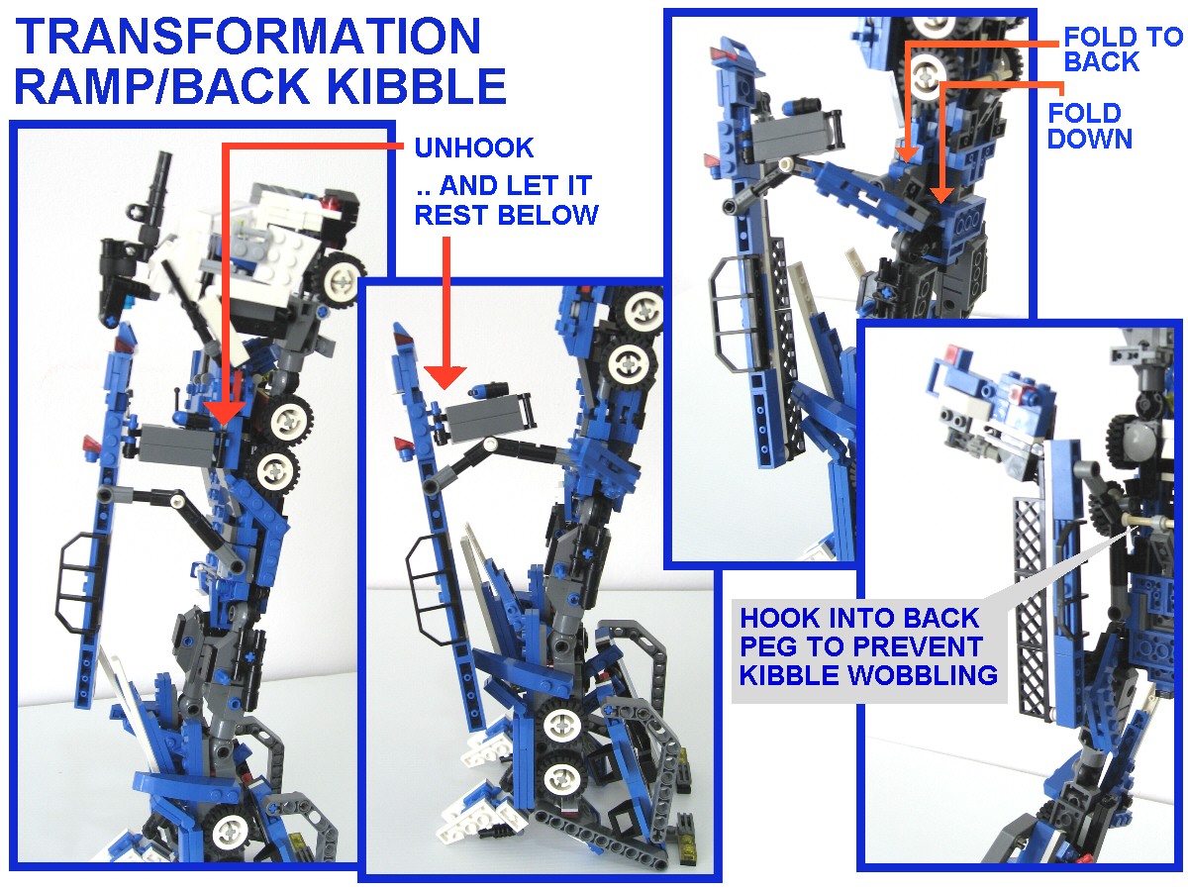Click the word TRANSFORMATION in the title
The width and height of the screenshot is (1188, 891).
pos(247,36)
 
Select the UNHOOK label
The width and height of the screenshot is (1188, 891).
pos(473,148)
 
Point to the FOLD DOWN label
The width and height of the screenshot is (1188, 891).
pos(1090,126)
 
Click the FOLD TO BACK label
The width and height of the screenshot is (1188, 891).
pos(1123,49)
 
